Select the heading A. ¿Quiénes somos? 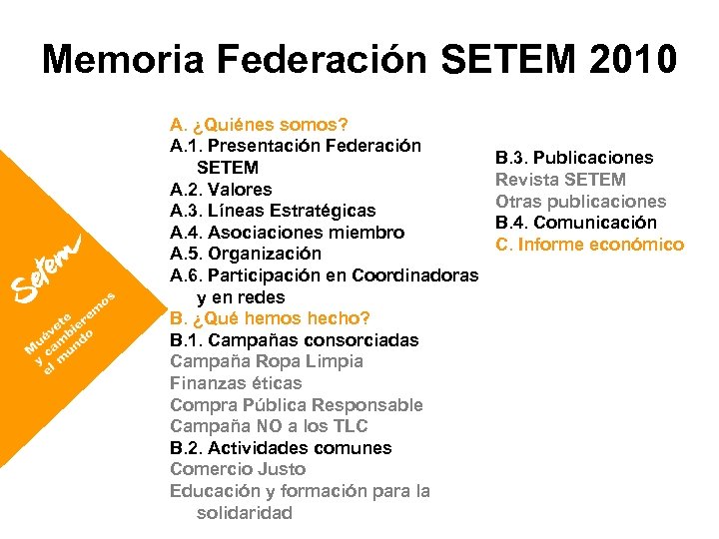click(259, 125)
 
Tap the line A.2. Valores click(221, 190)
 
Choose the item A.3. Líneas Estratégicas click(273, 211)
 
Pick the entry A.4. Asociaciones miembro click(287, 233)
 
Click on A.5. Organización click(246, 255)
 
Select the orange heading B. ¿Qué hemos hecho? click(270, 319)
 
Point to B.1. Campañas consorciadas click(295, 340)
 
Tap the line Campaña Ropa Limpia click(267, 361)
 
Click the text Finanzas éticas click(236, 383)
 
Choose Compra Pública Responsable click(297, 405)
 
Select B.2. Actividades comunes click(281, 448)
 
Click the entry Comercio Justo click(238, 469)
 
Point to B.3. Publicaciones click(574, 158)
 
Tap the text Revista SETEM click(561, 180)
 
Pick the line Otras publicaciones click(580, 202)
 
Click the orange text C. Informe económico click(589, 245)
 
